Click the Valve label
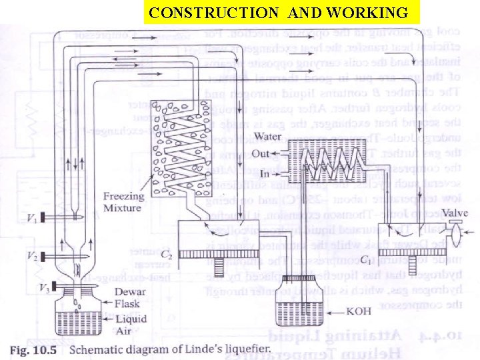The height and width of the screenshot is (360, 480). point(453,213)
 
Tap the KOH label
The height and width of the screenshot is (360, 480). point(359,311)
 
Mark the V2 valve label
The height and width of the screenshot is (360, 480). point(31,256)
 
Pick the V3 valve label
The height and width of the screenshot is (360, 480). point(43,288)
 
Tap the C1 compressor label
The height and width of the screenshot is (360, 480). point(366,259)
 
